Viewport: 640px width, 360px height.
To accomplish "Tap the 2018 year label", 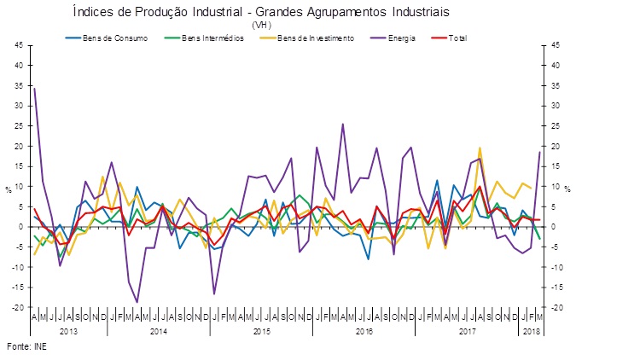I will tap(531, 329).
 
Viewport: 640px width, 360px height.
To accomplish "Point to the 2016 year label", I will tap(364, 329).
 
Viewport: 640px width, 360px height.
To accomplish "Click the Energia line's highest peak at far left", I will tap(34, 88).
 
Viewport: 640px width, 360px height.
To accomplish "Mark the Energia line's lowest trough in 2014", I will tap(137, 302).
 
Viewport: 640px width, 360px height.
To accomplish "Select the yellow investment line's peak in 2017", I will tap(480, 148).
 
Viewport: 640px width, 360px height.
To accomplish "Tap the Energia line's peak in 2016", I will tap(343, 125).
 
